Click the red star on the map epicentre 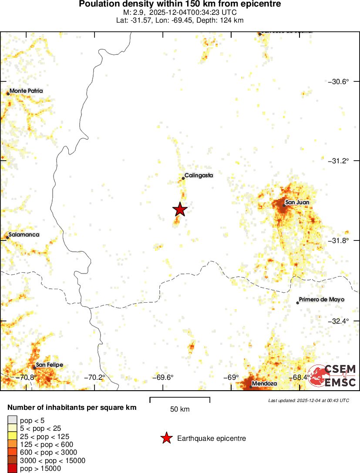tap(180, 209)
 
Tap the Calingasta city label tap(199, 176)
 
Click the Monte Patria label tap(26, 91)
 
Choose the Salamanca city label tap(24, 235)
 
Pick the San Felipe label tap(49, 365)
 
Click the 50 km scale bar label tap(180, 409)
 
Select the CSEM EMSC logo tap(334, 376)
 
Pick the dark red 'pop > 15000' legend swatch tap(12, 469)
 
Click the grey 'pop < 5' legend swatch tap(12, 420)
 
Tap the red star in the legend tap(166, 439)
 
